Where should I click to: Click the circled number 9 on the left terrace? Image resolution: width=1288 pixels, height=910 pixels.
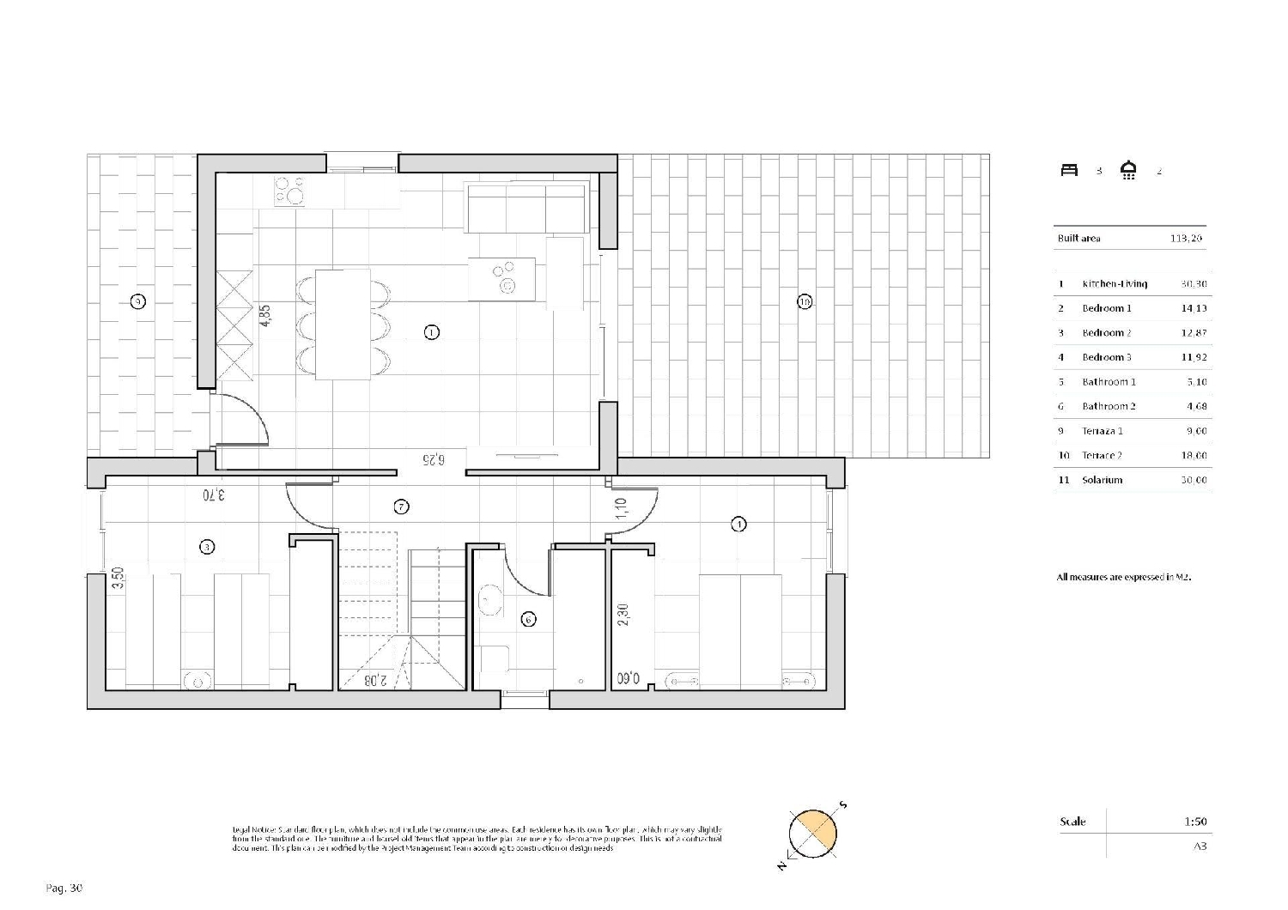pos(137,301)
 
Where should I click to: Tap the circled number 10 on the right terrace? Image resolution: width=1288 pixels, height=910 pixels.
pos(805,301)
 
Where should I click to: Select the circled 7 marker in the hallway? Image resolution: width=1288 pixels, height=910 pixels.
pos(401,507)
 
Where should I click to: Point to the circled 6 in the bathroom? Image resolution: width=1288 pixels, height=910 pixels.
pos(529,619)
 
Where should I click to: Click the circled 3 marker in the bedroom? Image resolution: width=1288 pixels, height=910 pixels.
pos(206,546)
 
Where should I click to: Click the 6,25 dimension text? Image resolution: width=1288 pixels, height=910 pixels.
pos(434,459)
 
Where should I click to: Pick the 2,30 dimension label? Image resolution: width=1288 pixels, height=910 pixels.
pos(623,615)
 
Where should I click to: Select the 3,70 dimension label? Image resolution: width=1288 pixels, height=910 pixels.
pos(214,494)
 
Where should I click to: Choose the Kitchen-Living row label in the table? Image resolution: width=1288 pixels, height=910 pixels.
pos(1114,284)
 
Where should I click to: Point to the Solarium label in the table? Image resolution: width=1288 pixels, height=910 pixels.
pos(1102,480)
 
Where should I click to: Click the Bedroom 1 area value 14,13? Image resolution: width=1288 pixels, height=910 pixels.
pos(1194,308)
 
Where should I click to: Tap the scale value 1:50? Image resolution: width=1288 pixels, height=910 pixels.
pos(1195,822)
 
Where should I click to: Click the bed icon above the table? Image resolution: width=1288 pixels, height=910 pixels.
pos(1069,170)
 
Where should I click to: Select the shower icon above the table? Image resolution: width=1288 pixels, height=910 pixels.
pos(1129,171)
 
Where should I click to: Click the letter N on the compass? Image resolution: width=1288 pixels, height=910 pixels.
pos(782,866)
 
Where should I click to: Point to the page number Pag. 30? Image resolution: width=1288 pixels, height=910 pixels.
pos(64,889)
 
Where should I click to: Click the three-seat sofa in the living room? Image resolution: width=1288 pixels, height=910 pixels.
pos(526,207)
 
